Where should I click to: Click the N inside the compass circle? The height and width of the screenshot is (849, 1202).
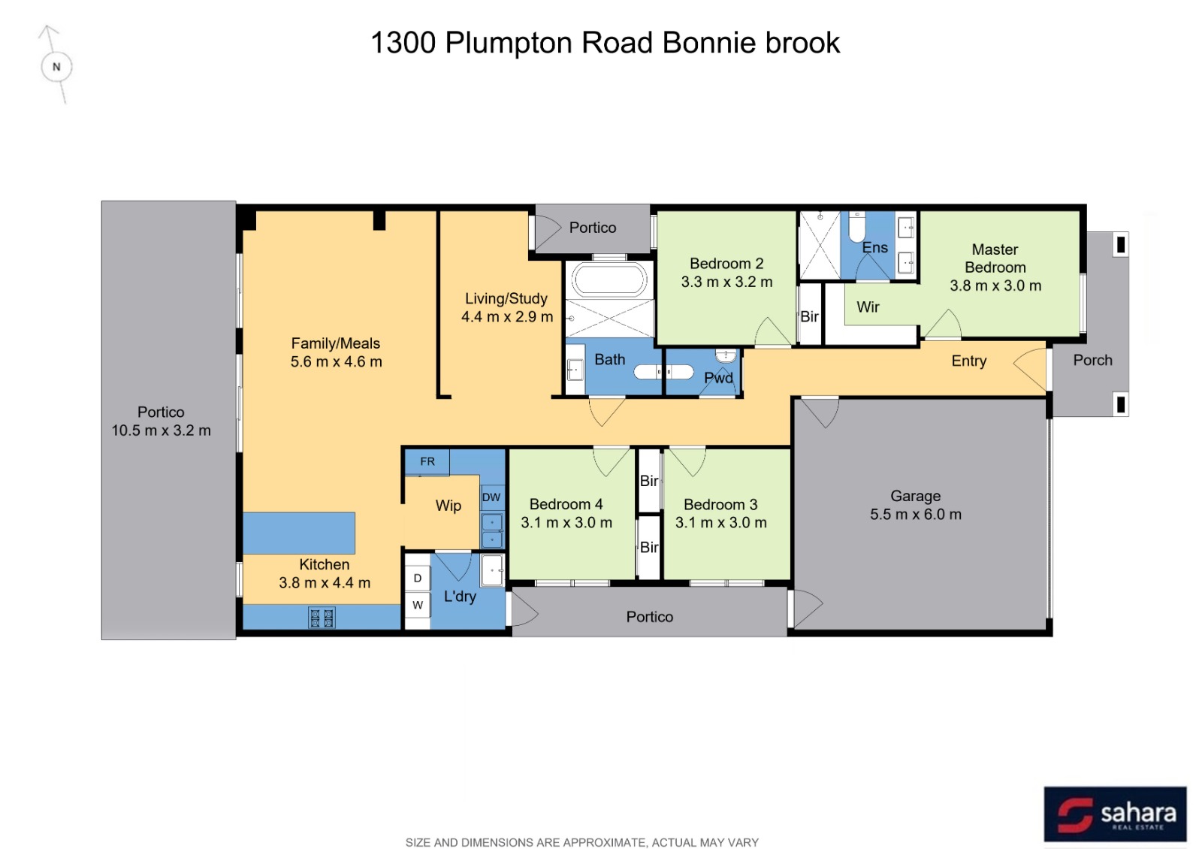point(56,67)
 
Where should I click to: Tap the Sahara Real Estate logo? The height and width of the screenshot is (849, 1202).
point(1116,814)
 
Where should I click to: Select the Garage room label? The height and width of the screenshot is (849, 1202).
point(916,496)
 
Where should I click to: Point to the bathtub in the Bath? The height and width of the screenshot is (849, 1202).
point(609,279)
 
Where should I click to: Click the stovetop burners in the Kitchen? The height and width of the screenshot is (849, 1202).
point(322,618)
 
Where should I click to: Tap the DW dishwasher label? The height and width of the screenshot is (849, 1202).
point(491,497)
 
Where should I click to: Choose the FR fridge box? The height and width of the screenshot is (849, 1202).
point(427,462)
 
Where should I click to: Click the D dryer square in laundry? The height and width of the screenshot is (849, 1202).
point(418,579)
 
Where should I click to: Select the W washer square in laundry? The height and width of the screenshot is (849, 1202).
point(418,606)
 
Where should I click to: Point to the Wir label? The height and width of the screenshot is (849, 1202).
point(868,307)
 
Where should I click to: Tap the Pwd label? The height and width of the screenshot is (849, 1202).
point(718,378)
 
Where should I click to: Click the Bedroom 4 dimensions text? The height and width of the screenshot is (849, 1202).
point(566,522)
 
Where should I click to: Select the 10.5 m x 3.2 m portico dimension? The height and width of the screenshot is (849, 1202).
point(161,431)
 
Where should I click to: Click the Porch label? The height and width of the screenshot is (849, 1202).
point(1092,360)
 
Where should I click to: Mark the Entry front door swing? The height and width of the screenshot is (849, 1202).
point(1030,369)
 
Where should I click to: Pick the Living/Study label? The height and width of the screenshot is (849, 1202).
point(506,298)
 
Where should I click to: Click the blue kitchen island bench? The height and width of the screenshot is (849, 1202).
point(299,533)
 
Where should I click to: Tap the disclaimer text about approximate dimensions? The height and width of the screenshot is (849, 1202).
point(582,842)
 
